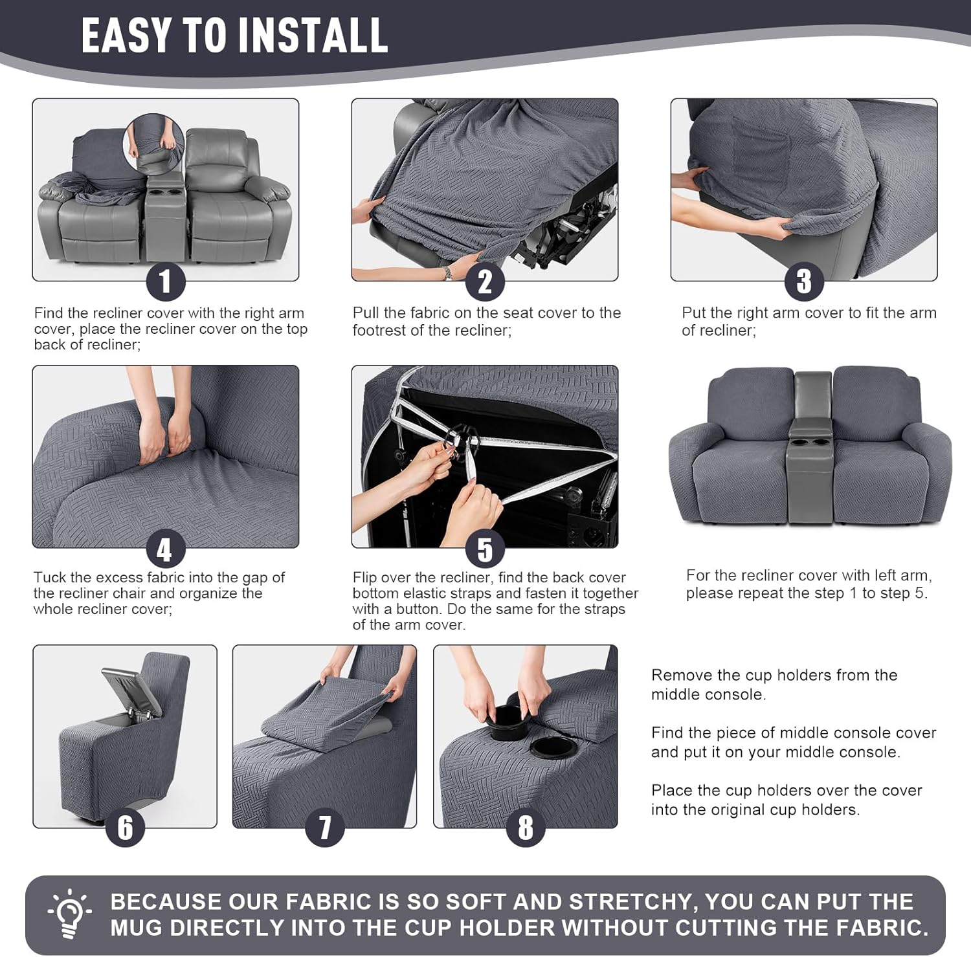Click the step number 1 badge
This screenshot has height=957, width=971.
point(166,281)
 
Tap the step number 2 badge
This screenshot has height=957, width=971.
point(485,281)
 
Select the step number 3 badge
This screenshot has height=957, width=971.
point(804,281)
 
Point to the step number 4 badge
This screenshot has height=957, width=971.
point(166,549)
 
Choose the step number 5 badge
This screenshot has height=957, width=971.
point(485,549)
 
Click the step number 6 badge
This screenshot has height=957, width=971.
point(126,827)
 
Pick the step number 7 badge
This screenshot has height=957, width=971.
point(324,827)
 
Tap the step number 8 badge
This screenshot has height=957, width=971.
point(525,827)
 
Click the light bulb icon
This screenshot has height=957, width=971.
point(69,914)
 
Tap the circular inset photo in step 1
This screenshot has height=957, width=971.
point(153,146)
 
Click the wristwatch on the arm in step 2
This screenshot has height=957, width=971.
point(449,273)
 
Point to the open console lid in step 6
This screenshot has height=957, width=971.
point(130,692)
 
